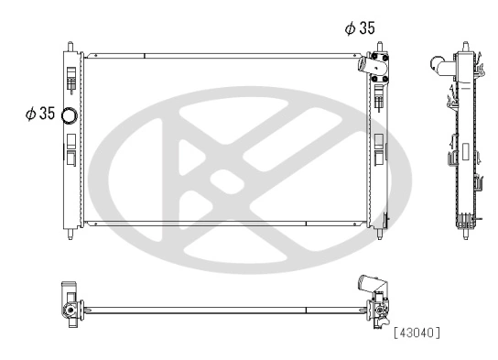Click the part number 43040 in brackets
pyautogui.click(x=417, y=331)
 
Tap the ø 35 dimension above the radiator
pyautogui.click(x=359, y=28)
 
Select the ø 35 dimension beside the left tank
pyautogui.click(x=40, y=115)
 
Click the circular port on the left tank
pyautogui.click(x=71, y=115)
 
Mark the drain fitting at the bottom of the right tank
pyautogui.click(x=388, y=220)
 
